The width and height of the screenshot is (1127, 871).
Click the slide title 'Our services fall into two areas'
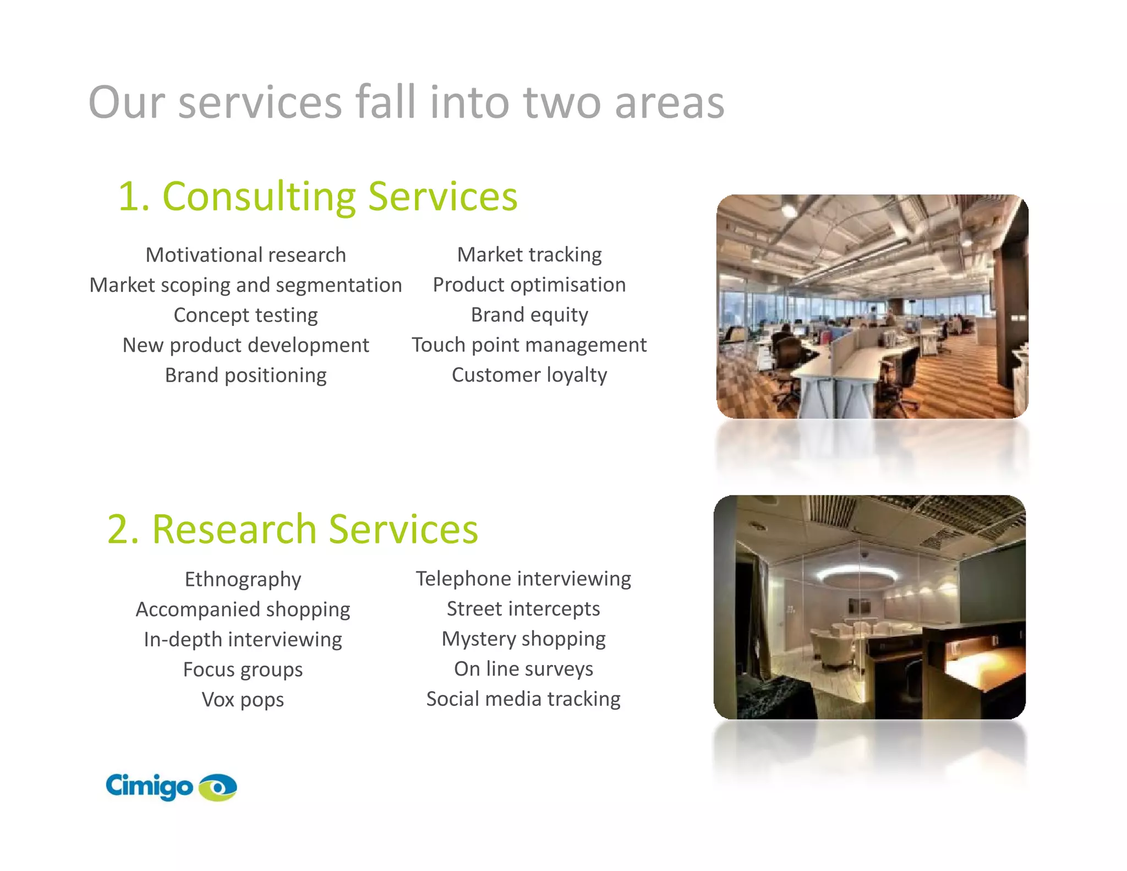pos(406,102)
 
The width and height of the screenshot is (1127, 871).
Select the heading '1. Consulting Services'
pos(318,197)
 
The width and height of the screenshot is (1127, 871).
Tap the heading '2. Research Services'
pos(293,529)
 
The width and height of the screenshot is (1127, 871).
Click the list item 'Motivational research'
pos(245,255)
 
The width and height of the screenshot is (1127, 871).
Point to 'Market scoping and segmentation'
pos(245,285)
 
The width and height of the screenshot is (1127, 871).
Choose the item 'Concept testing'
pos(245,315)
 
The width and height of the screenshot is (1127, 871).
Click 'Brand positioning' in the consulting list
pos(245,375)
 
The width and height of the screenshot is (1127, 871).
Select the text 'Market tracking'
pos(529,254)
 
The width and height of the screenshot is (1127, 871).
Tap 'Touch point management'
pos(529,345)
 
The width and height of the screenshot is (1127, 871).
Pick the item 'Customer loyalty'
pos(529,375)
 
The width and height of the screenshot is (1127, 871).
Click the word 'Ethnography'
pos(243,579)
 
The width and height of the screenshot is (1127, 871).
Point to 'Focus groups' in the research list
pos(243,669)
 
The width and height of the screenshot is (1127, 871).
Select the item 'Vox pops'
pos(243,700)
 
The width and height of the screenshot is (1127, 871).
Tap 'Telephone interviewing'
pos(523,579)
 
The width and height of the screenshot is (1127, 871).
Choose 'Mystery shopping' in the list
pos(523,639)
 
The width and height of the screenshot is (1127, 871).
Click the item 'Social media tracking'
pos(523,699)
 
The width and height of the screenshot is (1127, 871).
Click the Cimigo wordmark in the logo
pos(149,786)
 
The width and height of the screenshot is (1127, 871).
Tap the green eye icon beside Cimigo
pos(218,787)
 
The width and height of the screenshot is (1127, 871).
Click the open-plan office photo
pos(872,306)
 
